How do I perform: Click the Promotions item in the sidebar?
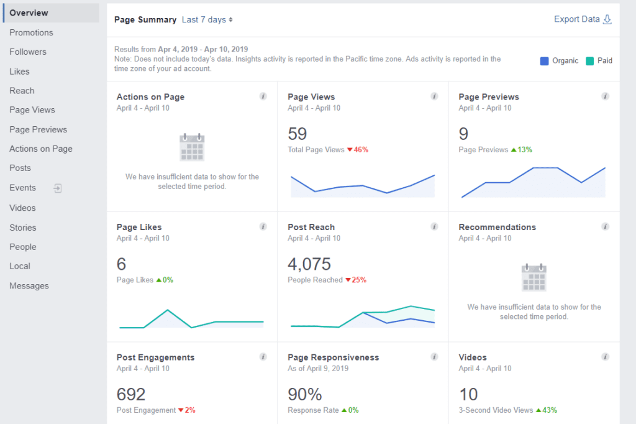[31, 32]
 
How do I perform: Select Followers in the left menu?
[28, 52]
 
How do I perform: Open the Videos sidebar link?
[22, 208]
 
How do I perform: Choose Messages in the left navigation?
[29, 286]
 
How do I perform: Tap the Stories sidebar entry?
[23, 228]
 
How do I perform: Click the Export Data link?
[582, 19]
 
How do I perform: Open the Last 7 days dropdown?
[207, 20]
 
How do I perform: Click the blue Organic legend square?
[545, 61]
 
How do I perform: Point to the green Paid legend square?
[589, 61]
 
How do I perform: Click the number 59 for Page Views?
[298, 134]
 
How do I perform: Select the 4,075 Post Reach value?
[309, 264]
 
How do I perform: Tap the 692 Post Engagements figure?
[131, 394]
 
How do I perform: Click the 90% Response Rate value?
[304, 394]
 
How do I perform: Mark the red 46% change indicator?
[358, 150]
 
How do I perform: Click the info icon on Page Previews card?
[605, 96]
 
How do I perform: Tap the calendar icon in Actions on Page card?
[192, 147]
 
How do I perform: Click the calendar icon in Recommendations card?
[534, 277]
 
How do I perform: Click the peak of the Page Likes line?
[167, 310]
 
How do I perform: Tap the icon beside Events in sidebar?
[58, 188]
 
